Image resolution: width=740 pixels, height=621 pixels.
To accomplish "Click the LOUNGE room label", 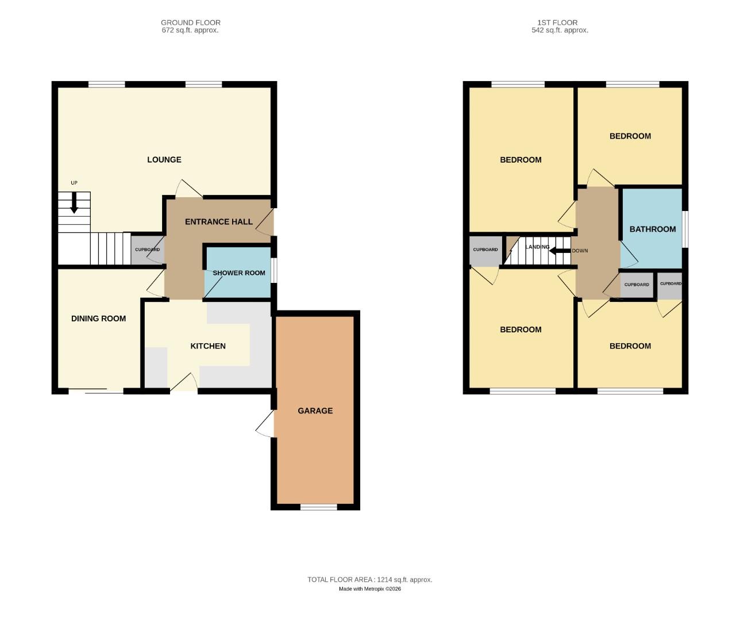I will coord(164,160).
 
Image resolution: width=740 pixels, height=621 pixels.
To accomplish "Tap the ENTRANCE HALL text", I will coord(218,222).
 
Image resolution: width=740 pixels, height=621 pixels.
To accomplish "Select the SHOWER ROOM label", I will coord(239,273).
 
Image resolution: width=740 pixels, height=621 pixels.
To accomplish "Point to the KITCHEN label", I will coord(208,346).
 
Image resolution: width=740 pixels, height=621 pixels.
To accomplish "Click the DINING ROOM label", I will coord(98,319).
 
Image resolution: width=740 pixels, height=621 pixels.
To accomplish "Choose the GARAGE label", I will coord(315,411).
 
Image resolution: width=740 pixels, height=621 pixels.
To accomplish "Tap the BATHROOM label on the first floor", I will coord(652,229).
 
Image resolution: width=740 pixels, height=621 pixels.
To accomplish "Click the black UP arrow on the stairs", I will coord(74,202).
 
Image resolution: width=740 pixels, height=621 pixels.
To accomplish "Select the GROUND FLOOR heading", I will coord(191,22).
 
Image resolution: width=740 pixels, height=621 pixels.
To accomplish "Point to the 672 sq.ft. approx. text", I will coord(190,30).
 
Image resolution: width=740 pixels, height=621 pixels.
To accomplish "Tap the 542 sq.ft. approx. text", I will coord(560,30).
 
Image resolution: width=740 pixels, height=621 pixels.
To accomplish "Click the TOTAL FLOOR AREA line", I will coord(369,580).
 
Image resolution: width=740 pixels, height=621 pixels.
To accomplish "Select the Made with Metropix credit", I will coord(369,589).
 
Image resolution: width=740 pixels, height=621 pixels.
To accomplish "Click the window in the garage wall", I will coord(319,507).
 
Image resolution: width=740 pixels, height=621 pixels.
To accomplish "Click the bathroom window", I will coord(685,229).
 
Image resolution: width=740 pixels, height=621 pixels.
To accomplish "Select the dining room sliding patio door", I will coord(96,392).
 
